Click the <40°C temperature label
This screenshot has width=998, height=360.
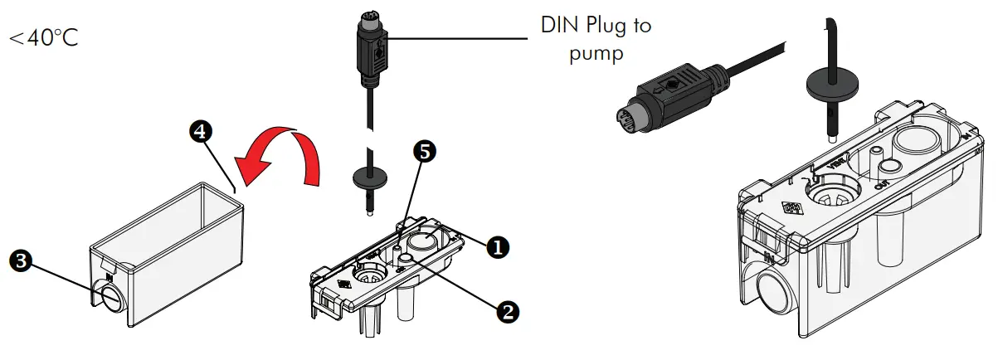pyautogui.click(x=43, y=38)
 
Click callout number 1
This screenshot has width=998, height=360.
pyautogui.click(x=497, y=246)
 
